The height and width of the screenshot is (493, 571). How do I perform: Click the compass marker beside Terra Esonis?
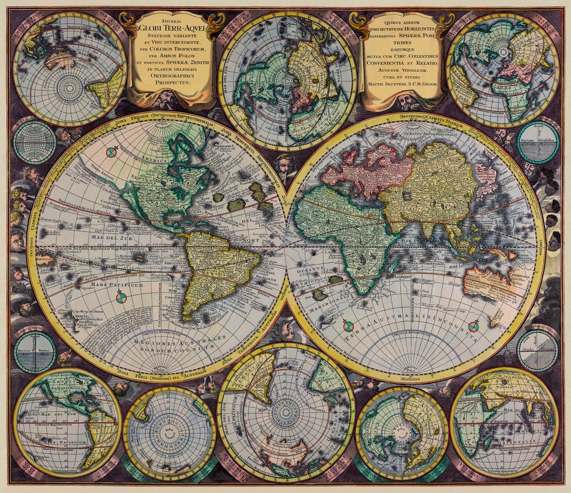[112, 152]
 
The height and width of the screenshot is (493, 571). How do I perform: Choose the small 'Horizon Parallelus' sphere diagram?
[538, 142]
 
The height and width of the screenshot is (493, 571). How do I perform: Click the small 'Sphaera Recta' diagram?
[35, 351]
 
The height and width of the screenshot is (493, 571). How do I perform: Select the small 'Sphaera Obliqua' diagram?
[537, 350]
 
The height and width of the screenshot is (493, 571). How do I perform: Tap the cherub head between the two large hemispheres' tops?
[285, 163]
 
